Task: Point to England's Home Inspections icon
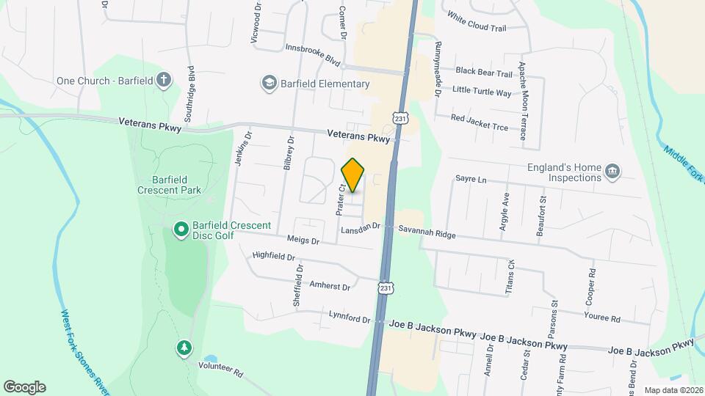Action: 612,172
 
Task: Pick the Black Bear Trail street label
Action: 483,73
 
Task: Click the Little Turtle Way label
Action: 482,92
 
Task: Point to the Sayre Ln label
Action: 471,179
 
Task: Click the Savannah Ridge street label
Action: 427,231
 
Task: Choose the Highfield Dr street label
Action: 272,257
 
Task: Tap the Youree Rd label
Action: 603,318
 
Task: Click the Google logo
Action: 24,387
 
